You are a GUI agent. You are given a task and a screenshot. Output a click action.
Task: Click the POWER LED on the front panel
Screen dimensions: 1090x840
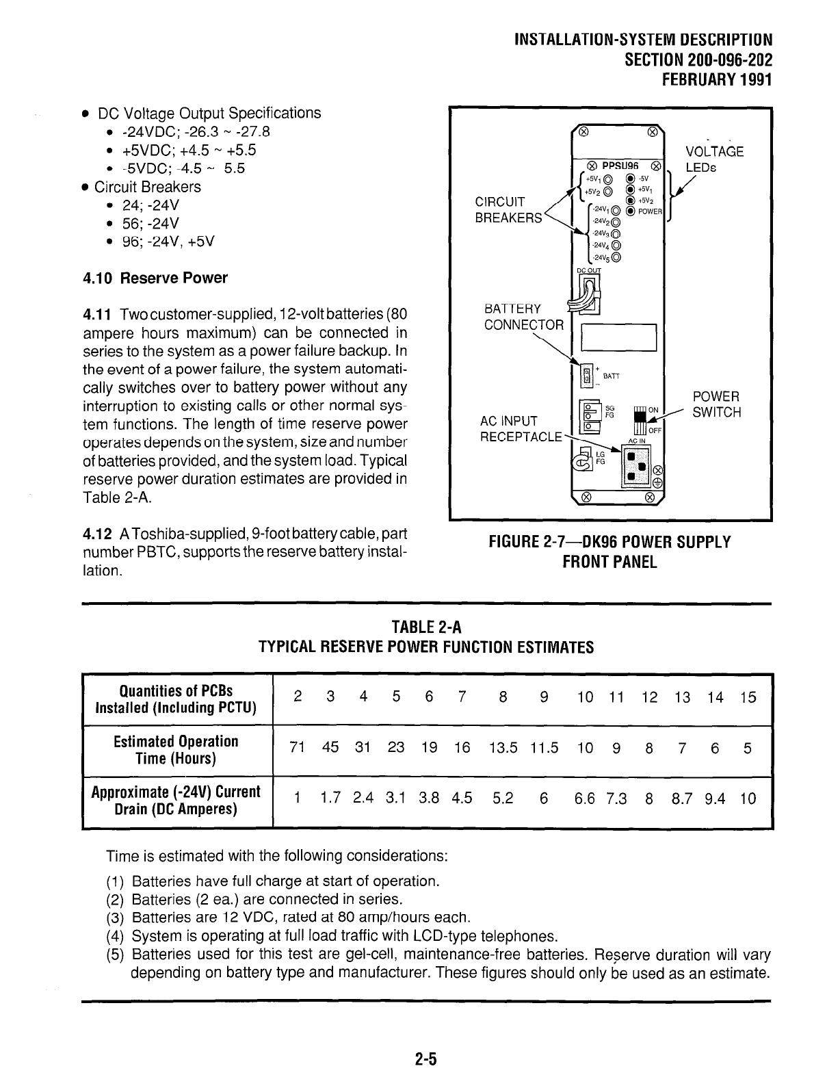pos(631,211)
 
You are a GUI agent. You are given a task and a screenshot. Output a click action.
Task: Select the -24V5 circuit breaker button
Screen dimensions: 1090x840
pos(617,258)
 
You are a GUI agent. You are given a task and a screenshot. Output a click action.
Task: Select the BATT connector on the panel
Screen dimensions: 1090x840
pos(586,375)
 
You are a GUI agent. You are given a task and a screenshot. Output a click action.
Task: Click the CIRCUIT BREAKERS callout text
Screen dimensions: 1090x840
pos(508,209)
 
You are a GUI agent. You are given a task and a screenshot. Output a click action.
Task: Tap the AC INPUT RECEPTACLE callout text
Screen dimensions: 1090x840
pos(520,428)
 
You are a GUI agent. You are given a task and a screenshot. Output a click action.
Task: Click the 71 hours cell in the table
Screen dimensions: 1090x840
pos(297,749)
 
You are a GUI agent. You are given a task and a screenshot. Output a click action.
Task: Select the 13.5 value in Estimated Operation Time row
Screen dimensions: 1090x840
pos(503,749)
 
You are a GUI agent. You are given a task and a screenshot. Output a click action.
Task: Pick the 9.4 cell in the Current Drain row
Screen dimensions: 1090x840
pos(714,799)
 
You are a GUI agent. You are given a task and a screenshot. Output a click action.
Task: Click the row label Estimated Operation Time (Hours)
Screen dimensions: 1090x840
pos(176,750)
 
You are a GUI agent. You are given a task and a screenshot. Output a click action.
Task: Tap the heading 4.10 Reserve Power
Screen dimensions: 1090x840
pos(155,278)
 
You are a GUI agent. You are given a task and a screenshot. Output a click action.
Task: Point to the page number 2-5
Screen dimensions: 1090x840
pos(425,1059)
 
